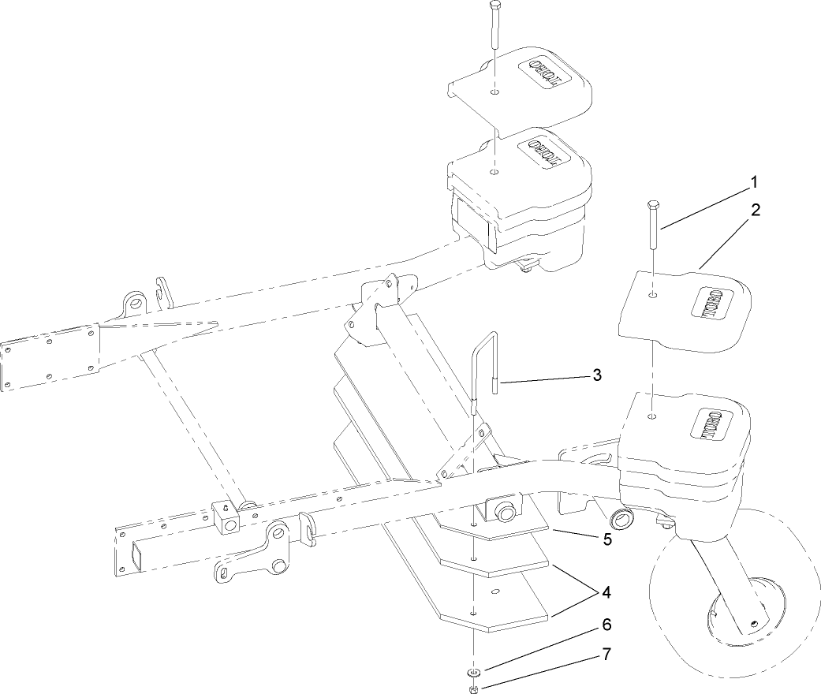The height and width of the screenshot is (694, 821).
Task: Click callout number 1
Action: coord(753,182)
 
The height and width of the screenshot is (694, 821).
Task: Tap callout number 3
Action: coord(597,375)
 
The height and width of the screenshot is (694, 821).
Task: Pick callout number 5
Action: coord(606,539)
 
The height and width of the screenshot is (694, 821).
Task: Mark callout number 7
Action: coord(606,654)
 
